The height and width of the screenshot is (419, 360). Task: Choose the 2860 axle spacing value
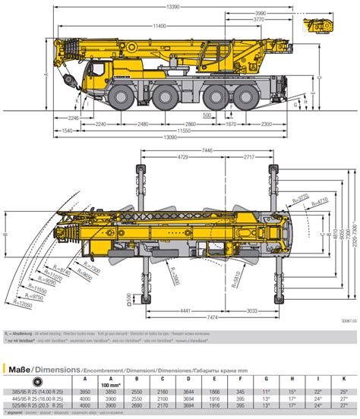point(190,123)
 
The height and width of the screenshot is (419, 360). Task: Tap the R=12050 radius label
point(31,304)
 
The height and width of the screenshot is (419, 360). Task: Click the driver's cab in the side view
point(101,77)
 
